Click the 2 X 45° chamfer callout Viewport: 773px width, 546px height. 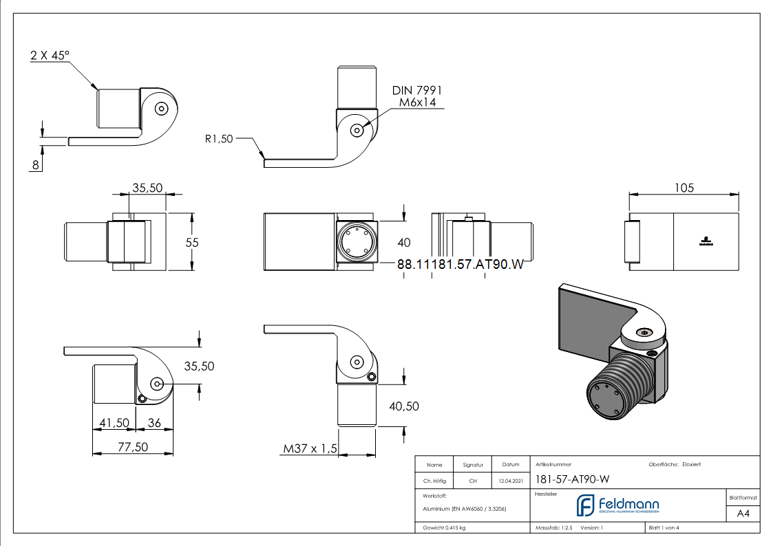coord(50,56)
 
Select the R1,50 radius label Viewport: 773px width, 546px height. coord(220,138)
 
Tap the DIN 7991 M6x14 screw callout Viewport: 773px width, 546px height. coord(416,96)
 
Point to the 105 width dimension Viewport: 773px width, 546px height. coord(684,187)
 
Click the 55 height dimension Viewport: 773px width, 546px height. coord(192,242)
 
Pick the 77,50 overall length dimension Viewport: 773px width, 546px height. coord(132,446)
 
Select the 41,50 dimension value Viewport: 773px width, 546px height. coord(114,423)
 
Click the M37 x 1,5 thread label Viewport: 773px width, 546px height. coord(310,449)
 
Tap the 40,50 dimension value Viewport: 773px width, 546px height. coord(404,406)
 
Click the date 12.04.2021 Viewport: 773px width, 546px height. coord(510,481)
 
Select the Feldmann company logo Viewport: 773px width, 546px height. coord(617,505)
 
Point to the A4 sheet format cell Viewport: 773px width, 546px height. coord(743,514)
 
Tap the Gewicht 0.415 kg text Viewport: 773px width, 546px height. coord(444,528)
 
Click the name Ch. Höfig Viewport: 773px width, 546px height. coord(434,481)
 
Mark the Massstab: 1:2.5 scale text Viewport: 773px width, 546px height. coord(555,528)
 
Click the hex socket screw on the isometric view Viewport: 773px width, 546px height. coord(644,332)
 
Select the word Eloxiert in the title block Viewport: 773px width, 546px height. coord(692,465)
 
